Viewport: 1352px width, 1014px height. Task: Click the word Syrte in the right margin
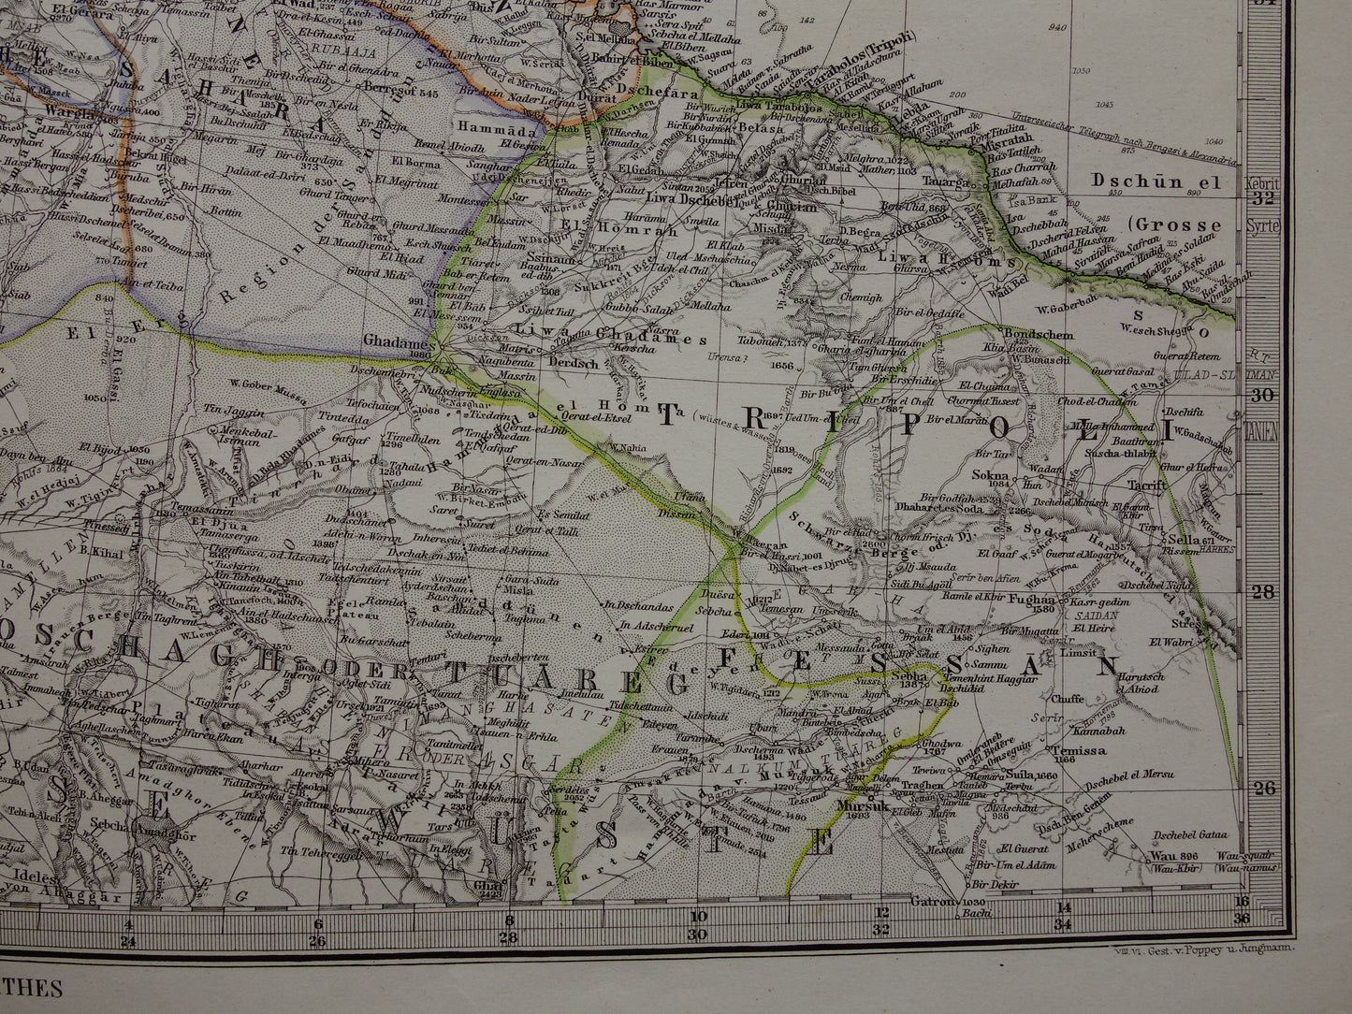click(1262, 227)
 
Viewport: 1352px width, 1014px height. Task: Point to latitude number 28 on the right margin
click(1262, 592)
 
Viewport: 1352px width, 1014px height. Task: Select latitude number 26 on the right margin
click(1262, 788)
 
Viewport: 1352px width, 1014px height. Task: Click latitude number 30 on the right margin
click(1262, 395)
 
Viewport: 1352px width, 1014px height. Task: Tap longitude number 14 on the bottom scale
click(1064, 906)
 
